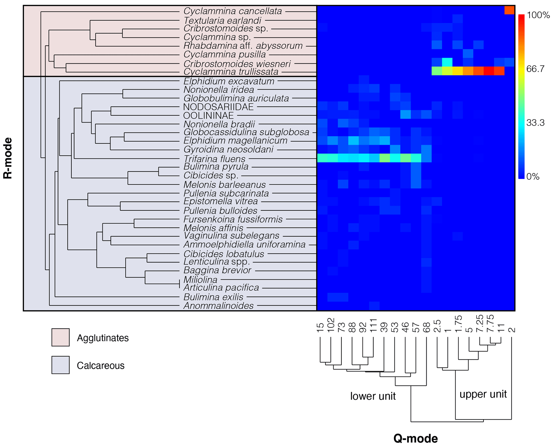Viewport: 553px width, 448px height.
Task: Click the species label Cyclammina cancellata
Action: coord(232,11)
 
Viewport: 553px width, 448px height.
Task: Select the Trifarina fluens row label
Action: coord(214,159)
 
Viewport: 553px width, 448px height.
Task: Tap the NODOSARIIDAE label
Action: coord(218,107)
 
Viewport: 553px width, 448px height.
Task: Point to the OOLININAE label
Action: coord(208,116)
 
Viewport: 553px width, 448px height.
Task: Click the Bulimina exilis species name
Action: coord(213,297)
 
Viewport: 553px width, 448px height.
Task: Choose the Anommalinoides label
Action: coord(218,306)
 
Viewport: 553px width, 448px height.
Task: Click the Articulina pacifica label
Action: coord(221,288)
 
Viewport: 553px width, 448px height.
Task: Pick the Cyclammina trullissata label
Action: coord(231,72)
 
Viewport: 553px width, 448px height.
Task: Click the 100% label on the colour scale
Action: coord(538,15)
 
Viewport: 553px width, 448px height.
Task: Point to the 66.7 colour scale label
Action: coord(535,69)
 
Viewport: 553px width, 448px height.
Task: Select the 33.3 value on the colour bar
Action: coord(535,123)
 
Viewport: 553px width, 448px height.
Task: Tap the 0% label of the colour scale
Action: coord(533,177)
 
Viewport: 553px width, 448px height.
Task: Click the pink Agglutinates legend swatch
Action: coord(60,337)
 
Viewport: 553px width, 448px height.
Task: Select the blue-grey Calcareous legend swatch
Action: coord(60,365)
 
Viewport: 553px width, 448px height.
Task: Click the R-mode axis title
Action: coord(8,158)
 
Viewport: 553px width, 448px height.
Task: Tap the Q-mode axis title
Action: coord(415,439)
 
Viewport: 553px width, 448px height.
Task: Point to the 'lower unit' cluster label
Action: coord(373,396)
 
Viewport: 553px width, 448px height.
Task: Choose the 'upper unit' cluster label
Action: coord(483,394)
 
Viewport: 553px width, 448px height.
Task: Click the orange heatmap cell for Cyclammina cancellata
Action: coord(509,10)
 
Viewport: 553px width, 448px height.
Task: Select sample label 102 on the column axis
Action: coord(331,325)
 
